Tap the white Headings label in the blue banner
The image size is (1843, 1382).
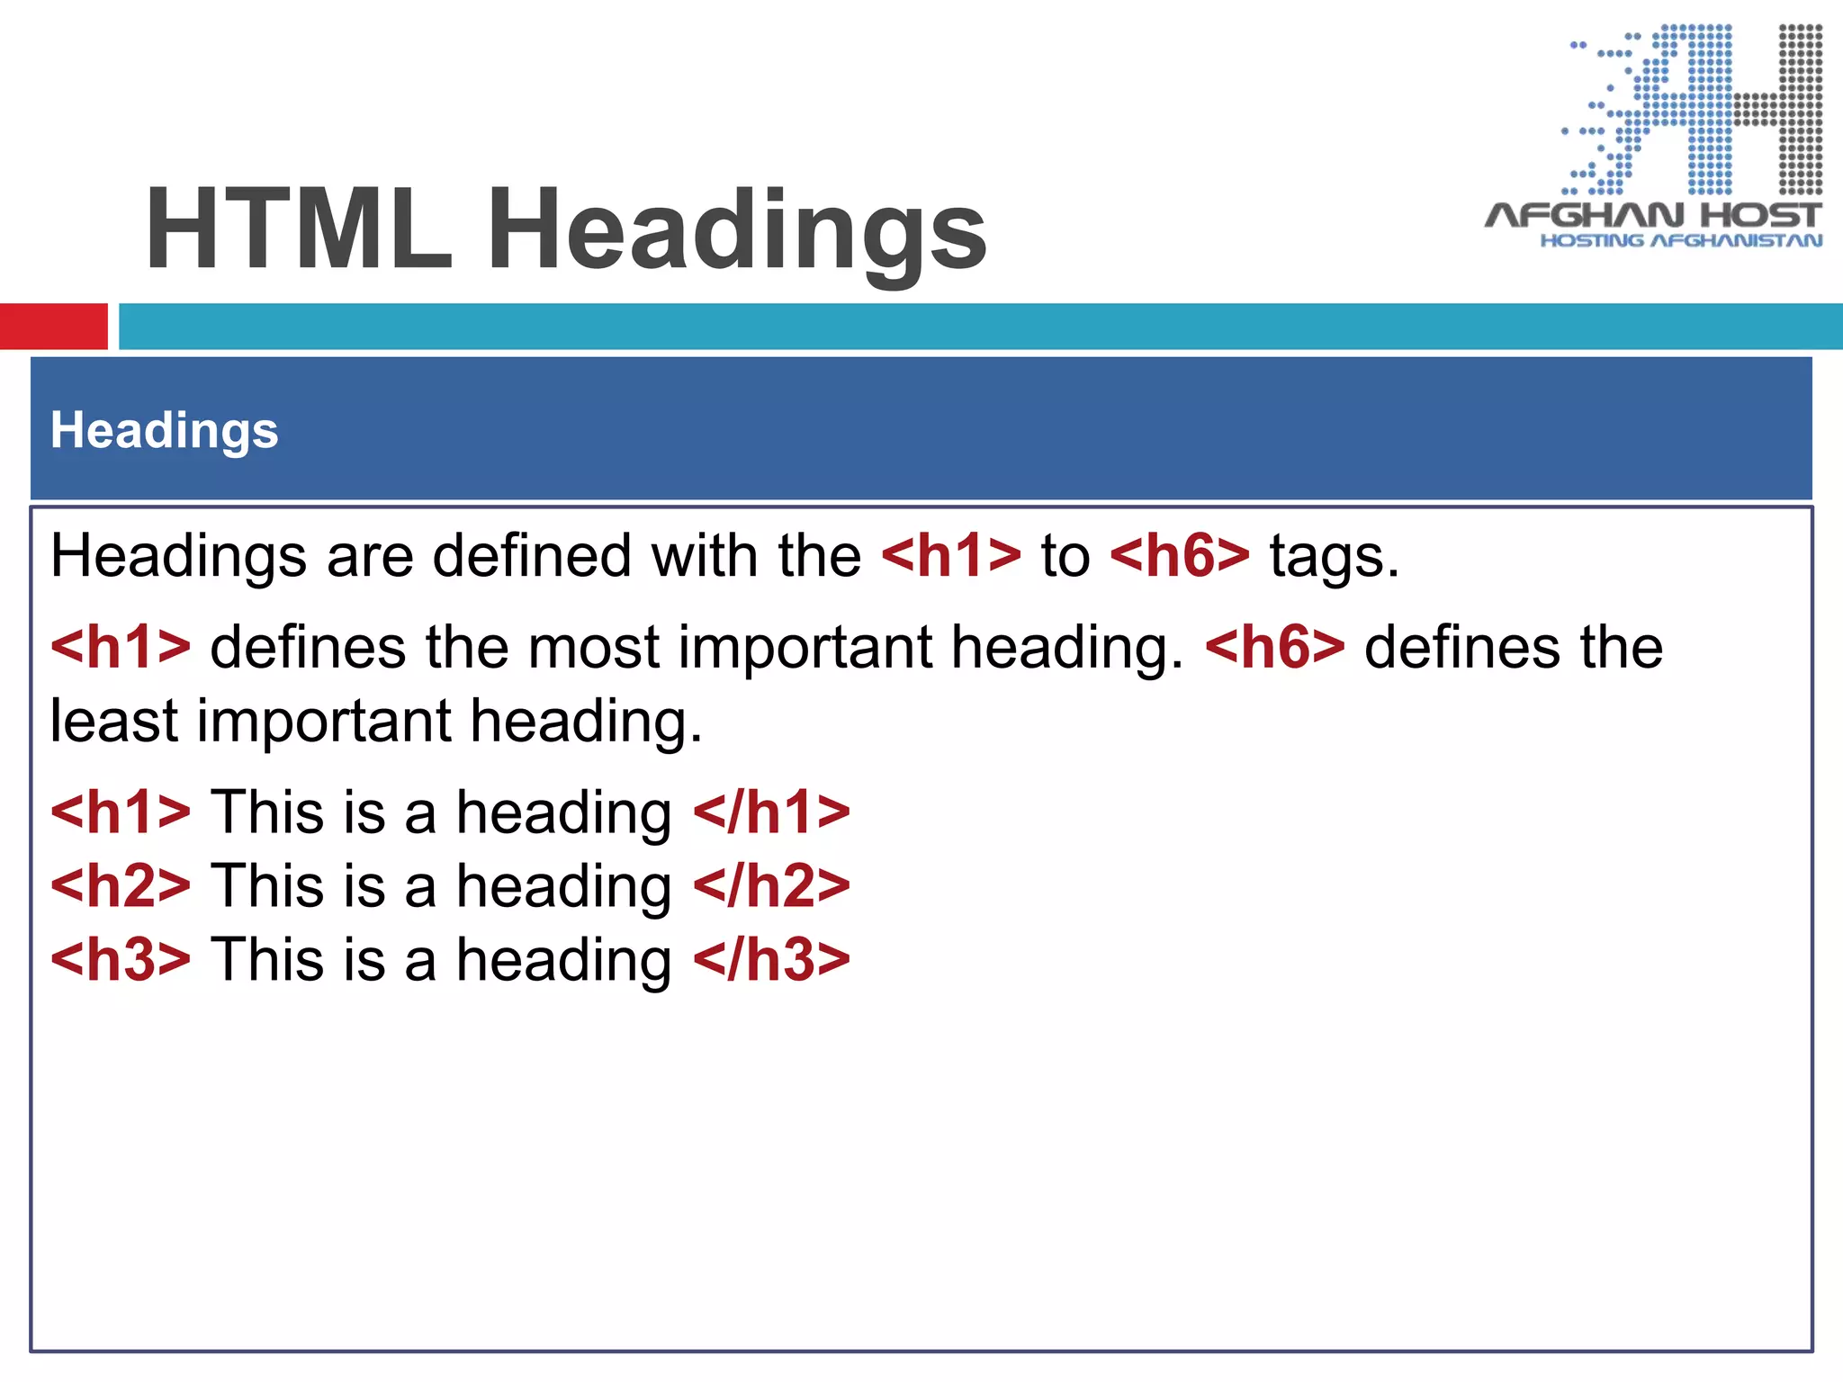click(165, 430)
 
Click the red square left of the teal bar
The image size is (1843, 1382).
click(53, 326)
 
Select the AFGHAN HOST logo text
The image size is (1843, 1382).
click(1653, 215)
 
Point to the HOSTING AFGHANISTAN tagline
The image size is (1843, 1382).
click(1680, 241)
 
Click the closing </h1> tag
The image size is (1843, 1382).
click(771, 812)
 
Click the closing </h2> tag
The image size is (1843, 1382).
click(771, 885)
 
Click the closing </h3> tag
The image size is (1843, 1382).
click(771, 959)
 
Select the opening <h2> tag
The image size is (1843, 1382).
click(121, 885)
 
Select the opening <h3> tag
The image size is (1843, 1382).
click(121, 959)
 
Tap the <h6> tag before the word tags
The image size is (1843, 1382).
click(1180, 556)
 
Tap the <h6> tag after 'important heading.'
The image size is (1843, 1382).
click(1274, 647)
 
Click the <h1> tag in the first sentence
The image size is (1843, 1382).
click(951, 556)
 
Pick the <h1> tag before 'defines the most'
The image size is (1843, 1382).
click(121, 647)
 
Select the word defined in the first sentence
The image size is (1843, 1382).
click(532, 556)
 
